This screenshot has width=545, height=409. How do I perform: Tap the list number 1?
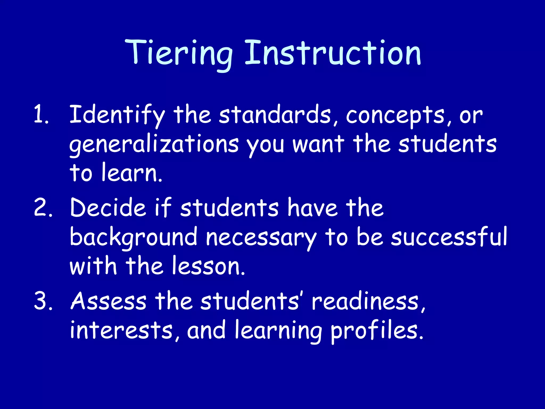(41, 115)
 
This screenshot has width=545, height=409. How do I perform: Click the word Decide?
(108, 208)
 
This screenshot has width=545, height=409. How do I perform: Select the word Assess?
(108, 301)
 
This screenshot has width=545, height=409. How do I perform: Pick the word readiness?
(369, 301)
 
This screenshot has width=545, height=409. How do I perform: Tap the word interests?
(125, 330)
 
